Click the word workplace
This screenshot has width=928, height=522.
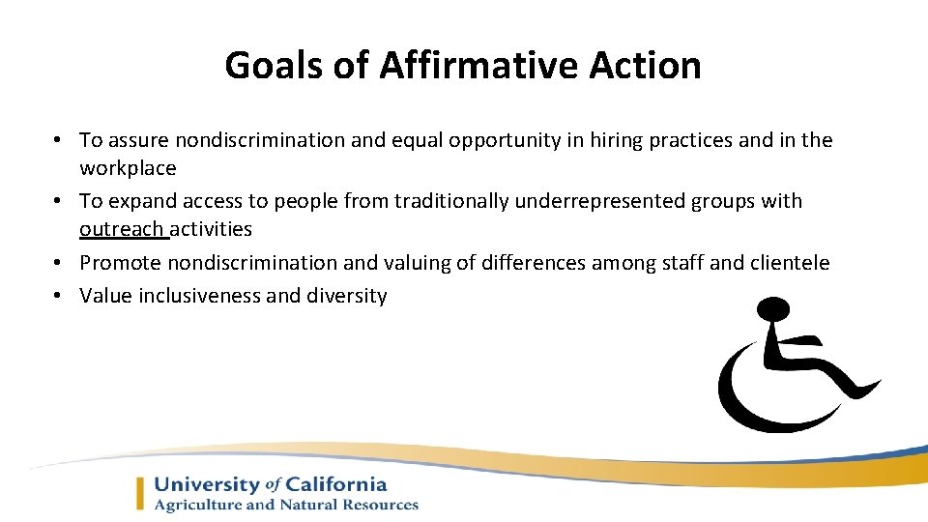point(128,168)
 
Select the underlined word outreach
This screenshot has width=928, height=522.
point(122,229)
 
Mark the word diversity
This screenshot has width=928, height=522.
point(346,296)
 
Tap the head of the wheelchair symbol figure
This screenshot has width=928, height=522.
point(774,311)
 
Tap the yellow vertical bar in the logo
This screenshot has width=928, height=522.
point(141,493)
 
